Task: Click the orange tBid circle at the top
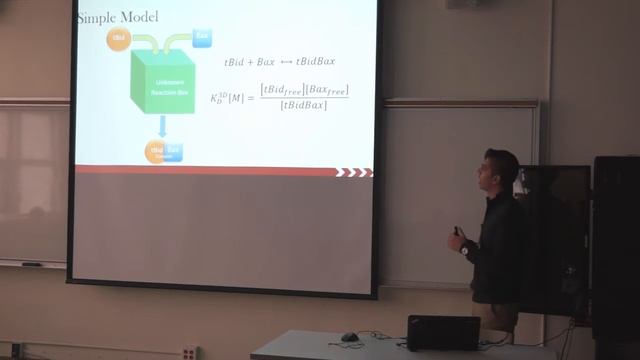pyautogui.click(x=120, y=41)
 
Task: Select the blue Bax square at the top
pyautogui.click(x=202, y=38)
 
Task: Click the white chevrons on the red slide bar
pyautogui.click(x=352, y=172)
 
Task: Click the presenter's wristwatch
pyautogui.click(x=464, y=247)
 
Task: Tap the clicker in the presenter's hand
pyautogui.click(x=457, y=233)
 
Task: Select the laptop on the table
pyautogui.click(x=442, y=332)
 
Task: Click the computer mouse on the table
pyautogui.click(x=349, y=337)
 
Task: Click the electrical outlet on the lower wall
pyautogui.click(x=188, y=352)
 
